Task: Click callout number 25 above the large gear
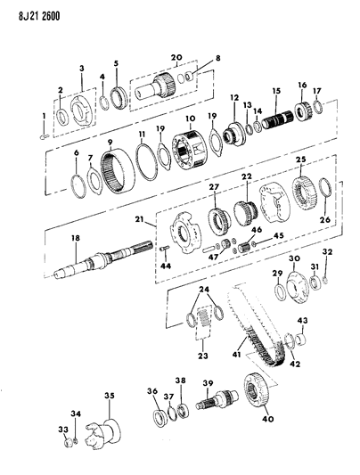coord(300,160)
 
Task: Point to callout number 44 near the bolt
coord(165,266)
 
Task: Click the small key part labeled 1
coord(45,136)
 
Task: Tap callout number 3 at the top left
coord(83,68)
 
